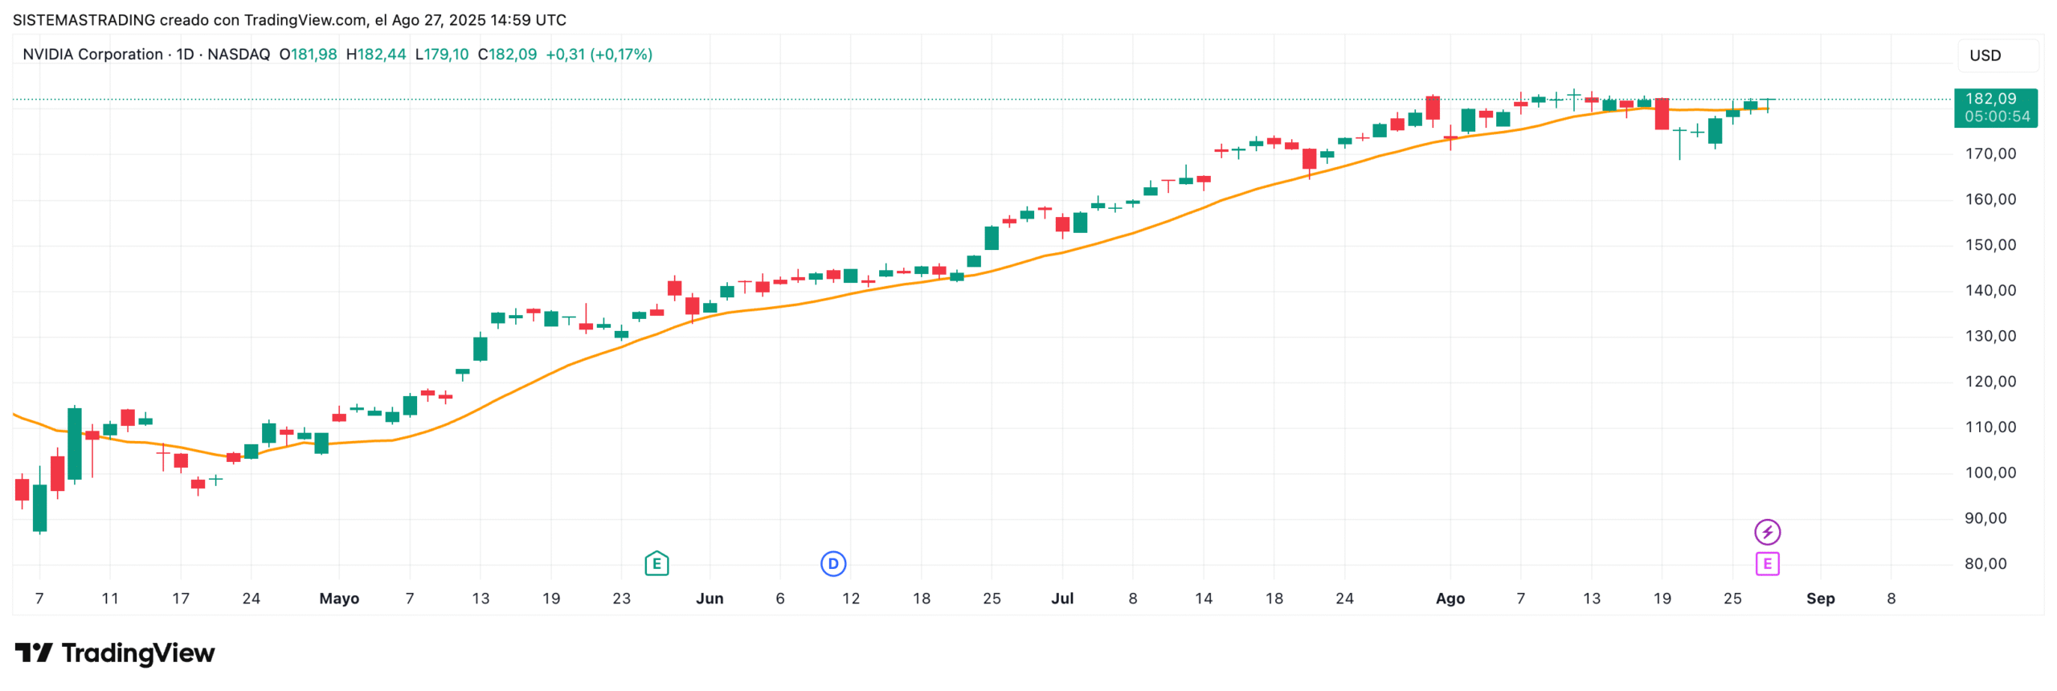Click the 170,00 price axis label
click(1990, 153)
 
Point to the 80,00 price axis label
click(1990, 563)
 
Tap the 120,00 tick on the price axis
click(1990, 381)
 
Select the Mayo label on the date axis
click(339, 599)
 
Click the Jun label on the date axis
click(710, 599)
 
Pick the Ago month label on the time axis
click(1450, 599)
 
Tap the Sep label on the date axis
click(1820, 599)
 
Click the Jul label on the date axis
click(1062, 599)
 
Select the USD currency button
click(1985, 55)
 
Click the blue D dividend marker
click(833, 563)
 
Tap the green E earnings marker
click(656, 563)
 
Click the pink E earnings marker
click(1767, 563)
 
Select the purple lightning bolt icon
click(1767, 531)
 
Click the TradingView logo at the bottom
click(115, 653)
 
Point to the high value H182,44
click(376, 55)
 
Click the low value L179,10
click(442, 55)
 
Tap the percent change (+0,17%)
click(621, 55)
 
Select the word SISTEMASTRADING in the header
click(84, 20)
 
